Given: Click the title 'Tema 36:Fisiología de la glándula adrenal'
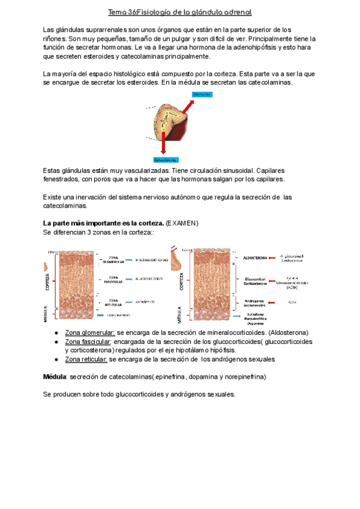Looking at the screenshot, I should [x=179, y=12].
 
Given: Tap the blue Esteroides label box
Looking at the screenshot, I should [x=202, y=94].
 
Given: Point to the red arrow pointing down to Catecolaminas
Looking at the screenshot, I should [x=164, y=140].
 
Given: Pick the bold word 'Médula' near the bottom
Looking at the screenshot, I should [x=55, y=377].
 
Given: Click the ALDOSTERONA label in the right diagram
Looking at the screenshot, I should [x=256, y=258].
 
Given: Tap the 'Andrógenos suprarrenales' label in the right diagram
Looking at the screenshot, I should [x=256, y=303].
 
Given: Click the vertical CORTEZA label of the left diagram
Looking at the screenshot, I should [x=47, y=280].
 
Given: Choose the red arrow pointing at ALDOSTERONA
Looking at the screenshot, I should [x=277, y=258].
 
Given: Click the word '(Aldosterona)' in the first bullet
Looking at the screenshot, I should [x=289, y=333].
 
